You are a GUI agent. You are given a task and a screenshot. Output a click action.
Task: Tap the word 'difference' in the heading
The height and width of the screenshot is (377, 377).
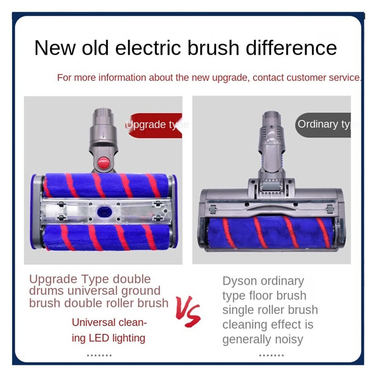(x=290, y=48)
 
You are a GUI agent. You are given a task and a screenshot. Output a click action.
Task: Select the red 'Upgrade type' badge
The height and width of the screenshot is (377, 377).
(x=155, y=125)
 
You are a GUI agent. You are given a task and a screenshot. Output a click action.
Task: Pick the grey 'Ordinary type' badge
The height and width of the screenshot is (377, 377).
(x=323, y=124)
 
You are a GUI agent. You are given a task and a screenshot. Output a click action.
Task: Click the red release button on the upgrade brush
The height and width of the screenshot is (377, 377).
(x=103, y=162)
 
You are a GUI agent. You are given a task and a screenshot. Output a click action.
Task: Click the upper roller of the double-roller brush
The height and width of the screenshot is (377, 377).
(x=106, y=185)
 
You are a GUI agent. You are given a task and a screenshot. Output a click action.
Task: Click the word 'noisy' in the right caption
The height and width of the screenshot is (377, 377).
(x=287, y=339)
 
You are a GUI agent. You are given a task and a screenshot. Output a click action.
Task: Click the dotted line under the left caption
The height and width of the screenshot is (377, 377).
(x=99, y=355)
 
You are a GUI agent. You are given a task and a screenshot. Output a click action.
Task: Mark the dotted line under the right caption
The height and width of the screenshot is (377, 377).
(x=271, y=355)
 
